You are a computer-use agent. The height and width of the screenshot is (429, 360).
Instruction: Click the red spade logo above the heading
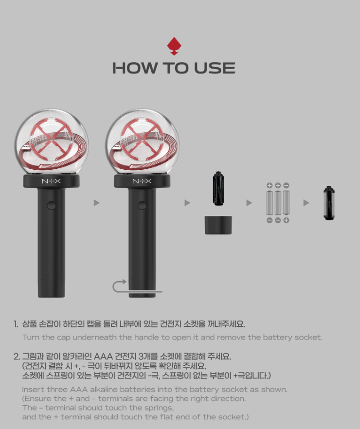click(x=174, y=46)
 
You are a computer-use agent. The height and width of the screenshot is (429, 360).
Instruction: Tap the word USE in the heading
click(x=215, y=68)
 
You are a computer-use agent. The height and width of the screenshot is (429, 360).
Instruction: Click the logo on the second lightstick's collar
click(x=142, y=181)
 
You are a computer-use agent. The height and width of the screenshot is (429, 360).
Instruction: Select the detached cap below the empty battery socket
click(x=218, y=225)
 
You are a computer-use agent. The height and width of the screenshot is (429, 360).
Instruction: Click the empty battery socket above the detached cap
click(x=218, y=188)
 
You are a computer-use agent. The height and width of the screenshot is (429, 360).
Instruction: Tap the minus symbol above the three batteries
click(x=286, y=185)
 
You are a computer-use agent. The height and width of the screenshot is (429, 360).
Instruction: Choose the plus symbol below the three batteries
click(x=286, y=220)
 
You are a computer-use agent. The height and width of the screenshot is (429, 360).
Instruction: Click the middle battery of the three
click(x=278, y=203)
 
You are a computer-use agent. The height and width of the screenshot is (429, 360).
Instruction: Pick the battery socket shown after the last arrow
click(x=329, y=203)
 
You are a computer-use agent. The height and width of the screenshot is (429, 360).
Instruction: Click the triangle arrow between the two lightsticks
click(x=96, y=203)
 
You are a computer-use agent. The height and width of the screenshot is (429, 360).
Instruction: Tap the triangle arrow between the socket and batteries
click(x=249, y=203)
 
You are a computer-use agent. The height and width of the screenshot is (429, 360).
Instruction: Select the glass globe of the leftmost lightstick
click(x=52, y=142)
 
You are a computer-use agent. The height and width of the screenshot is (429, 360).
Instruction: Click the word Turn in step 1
click(x=31, y=338)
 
